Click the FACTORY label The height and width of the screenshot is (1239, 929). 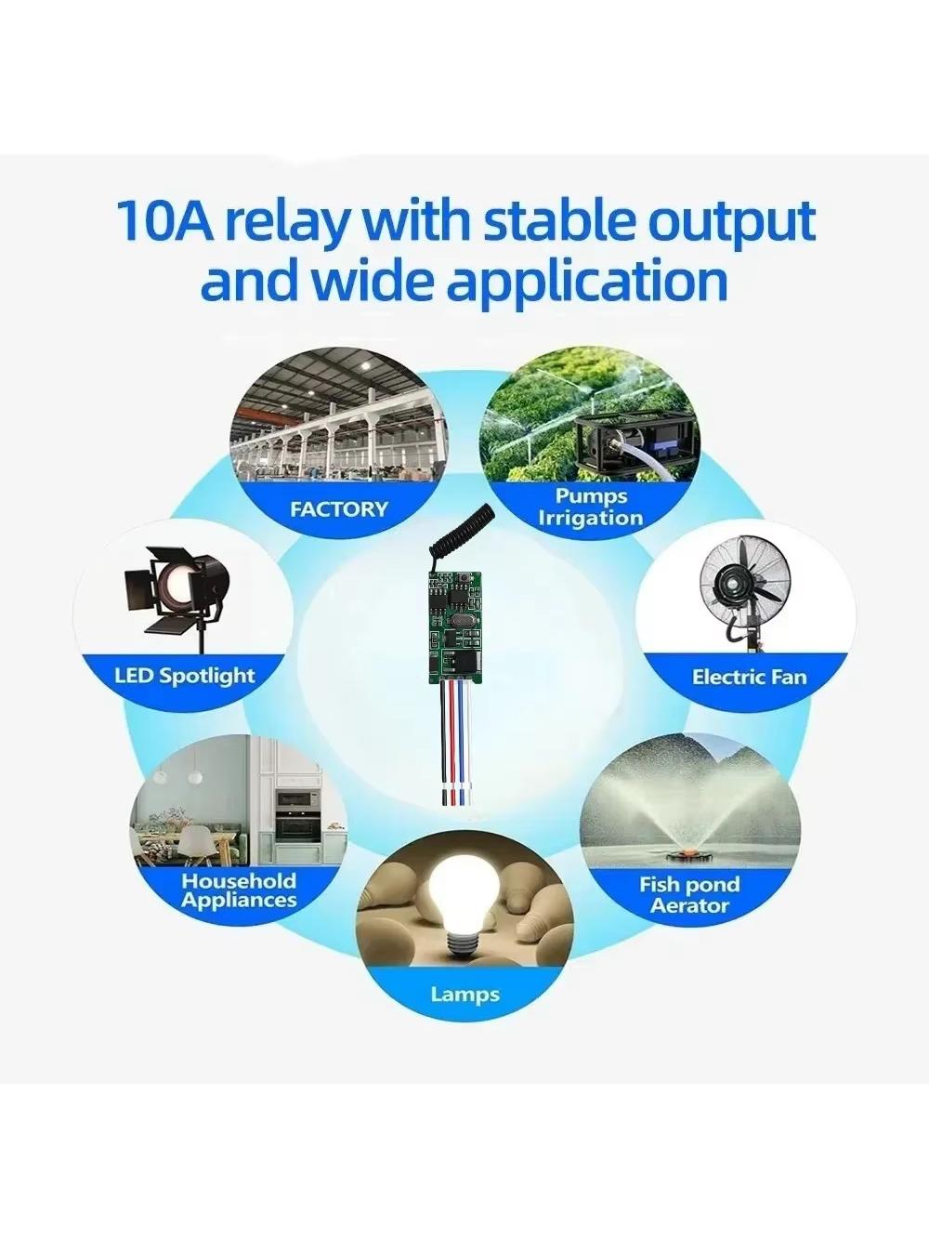point(339,509)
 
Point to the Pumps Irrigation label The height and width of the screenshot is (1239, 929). point(591,507)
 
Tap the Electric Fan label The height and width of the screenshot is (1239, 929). point(749,678)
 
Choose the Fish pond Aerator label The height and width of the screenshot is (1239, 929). point(689,895)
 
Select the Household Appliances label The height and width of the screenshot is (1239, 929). point(239,890)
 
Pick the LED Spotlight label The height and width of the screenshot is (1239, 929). point(185,676)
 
